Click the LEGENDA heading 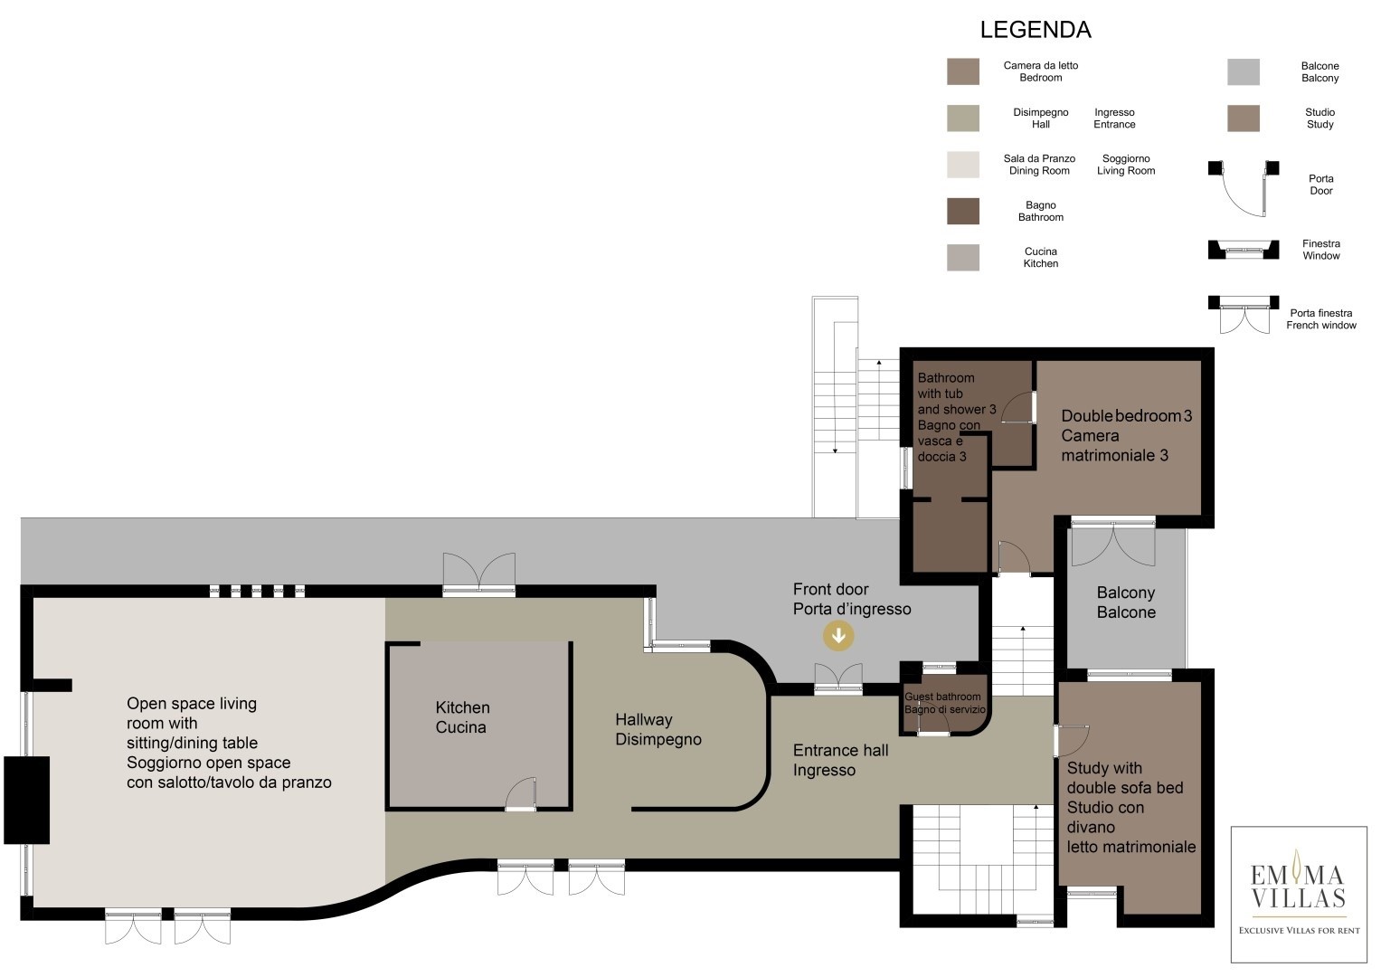(x=1036, y=30)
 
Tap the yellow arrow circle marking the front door (x=838, y=635)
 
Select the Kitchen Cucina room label (x=462, y=717)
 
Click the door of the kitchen (x=521, y=794)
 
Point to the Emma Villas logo (x=1299, y=895)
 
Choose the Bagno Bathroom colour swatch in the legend (x=963, y=211)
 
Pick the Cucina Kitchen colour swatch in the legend (x=963, y=257)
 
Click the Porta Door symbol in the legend (x=1244, y=188)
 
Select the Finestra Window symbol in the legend (x=1244, y=249)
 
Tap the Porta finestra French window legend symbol (x=1244, y=315)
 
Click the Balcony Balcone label (x=1126, y=602)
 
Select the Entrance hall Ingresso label (x=840, y=760)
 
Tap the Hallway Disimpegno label (x=658, y=729)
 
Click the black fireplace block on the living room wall (x=26, y=800)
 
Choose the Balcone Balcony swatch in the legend (x=1244, y=72)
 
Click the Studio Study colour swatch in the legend (x=1244, y=119)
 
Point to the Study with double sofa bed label (x=1131, y=807)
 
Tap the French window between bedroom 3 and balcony (x=1113, y=543)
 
